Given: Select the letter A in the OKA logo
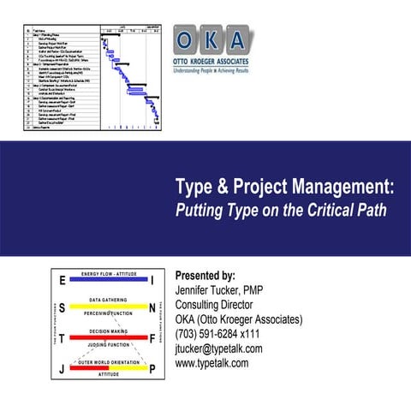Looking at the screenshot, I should [237, 40].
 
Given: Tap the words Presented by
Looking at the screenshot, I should [205, 277].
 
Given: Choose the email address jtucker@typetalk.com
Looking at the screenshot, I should [218, 348].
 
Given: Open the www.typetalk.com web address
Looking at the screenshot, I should [211, 363].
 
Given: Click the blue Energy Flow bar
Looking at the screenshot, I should [108, 282].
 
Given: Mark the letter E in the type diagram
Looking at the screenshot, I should [63, 281].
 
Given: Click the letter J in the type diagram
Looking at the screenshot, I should [63, 369].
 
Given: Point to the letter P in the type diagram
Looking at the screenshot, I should [152, 369].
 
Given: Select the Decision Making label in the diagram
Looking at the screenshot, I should [108, 331].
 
